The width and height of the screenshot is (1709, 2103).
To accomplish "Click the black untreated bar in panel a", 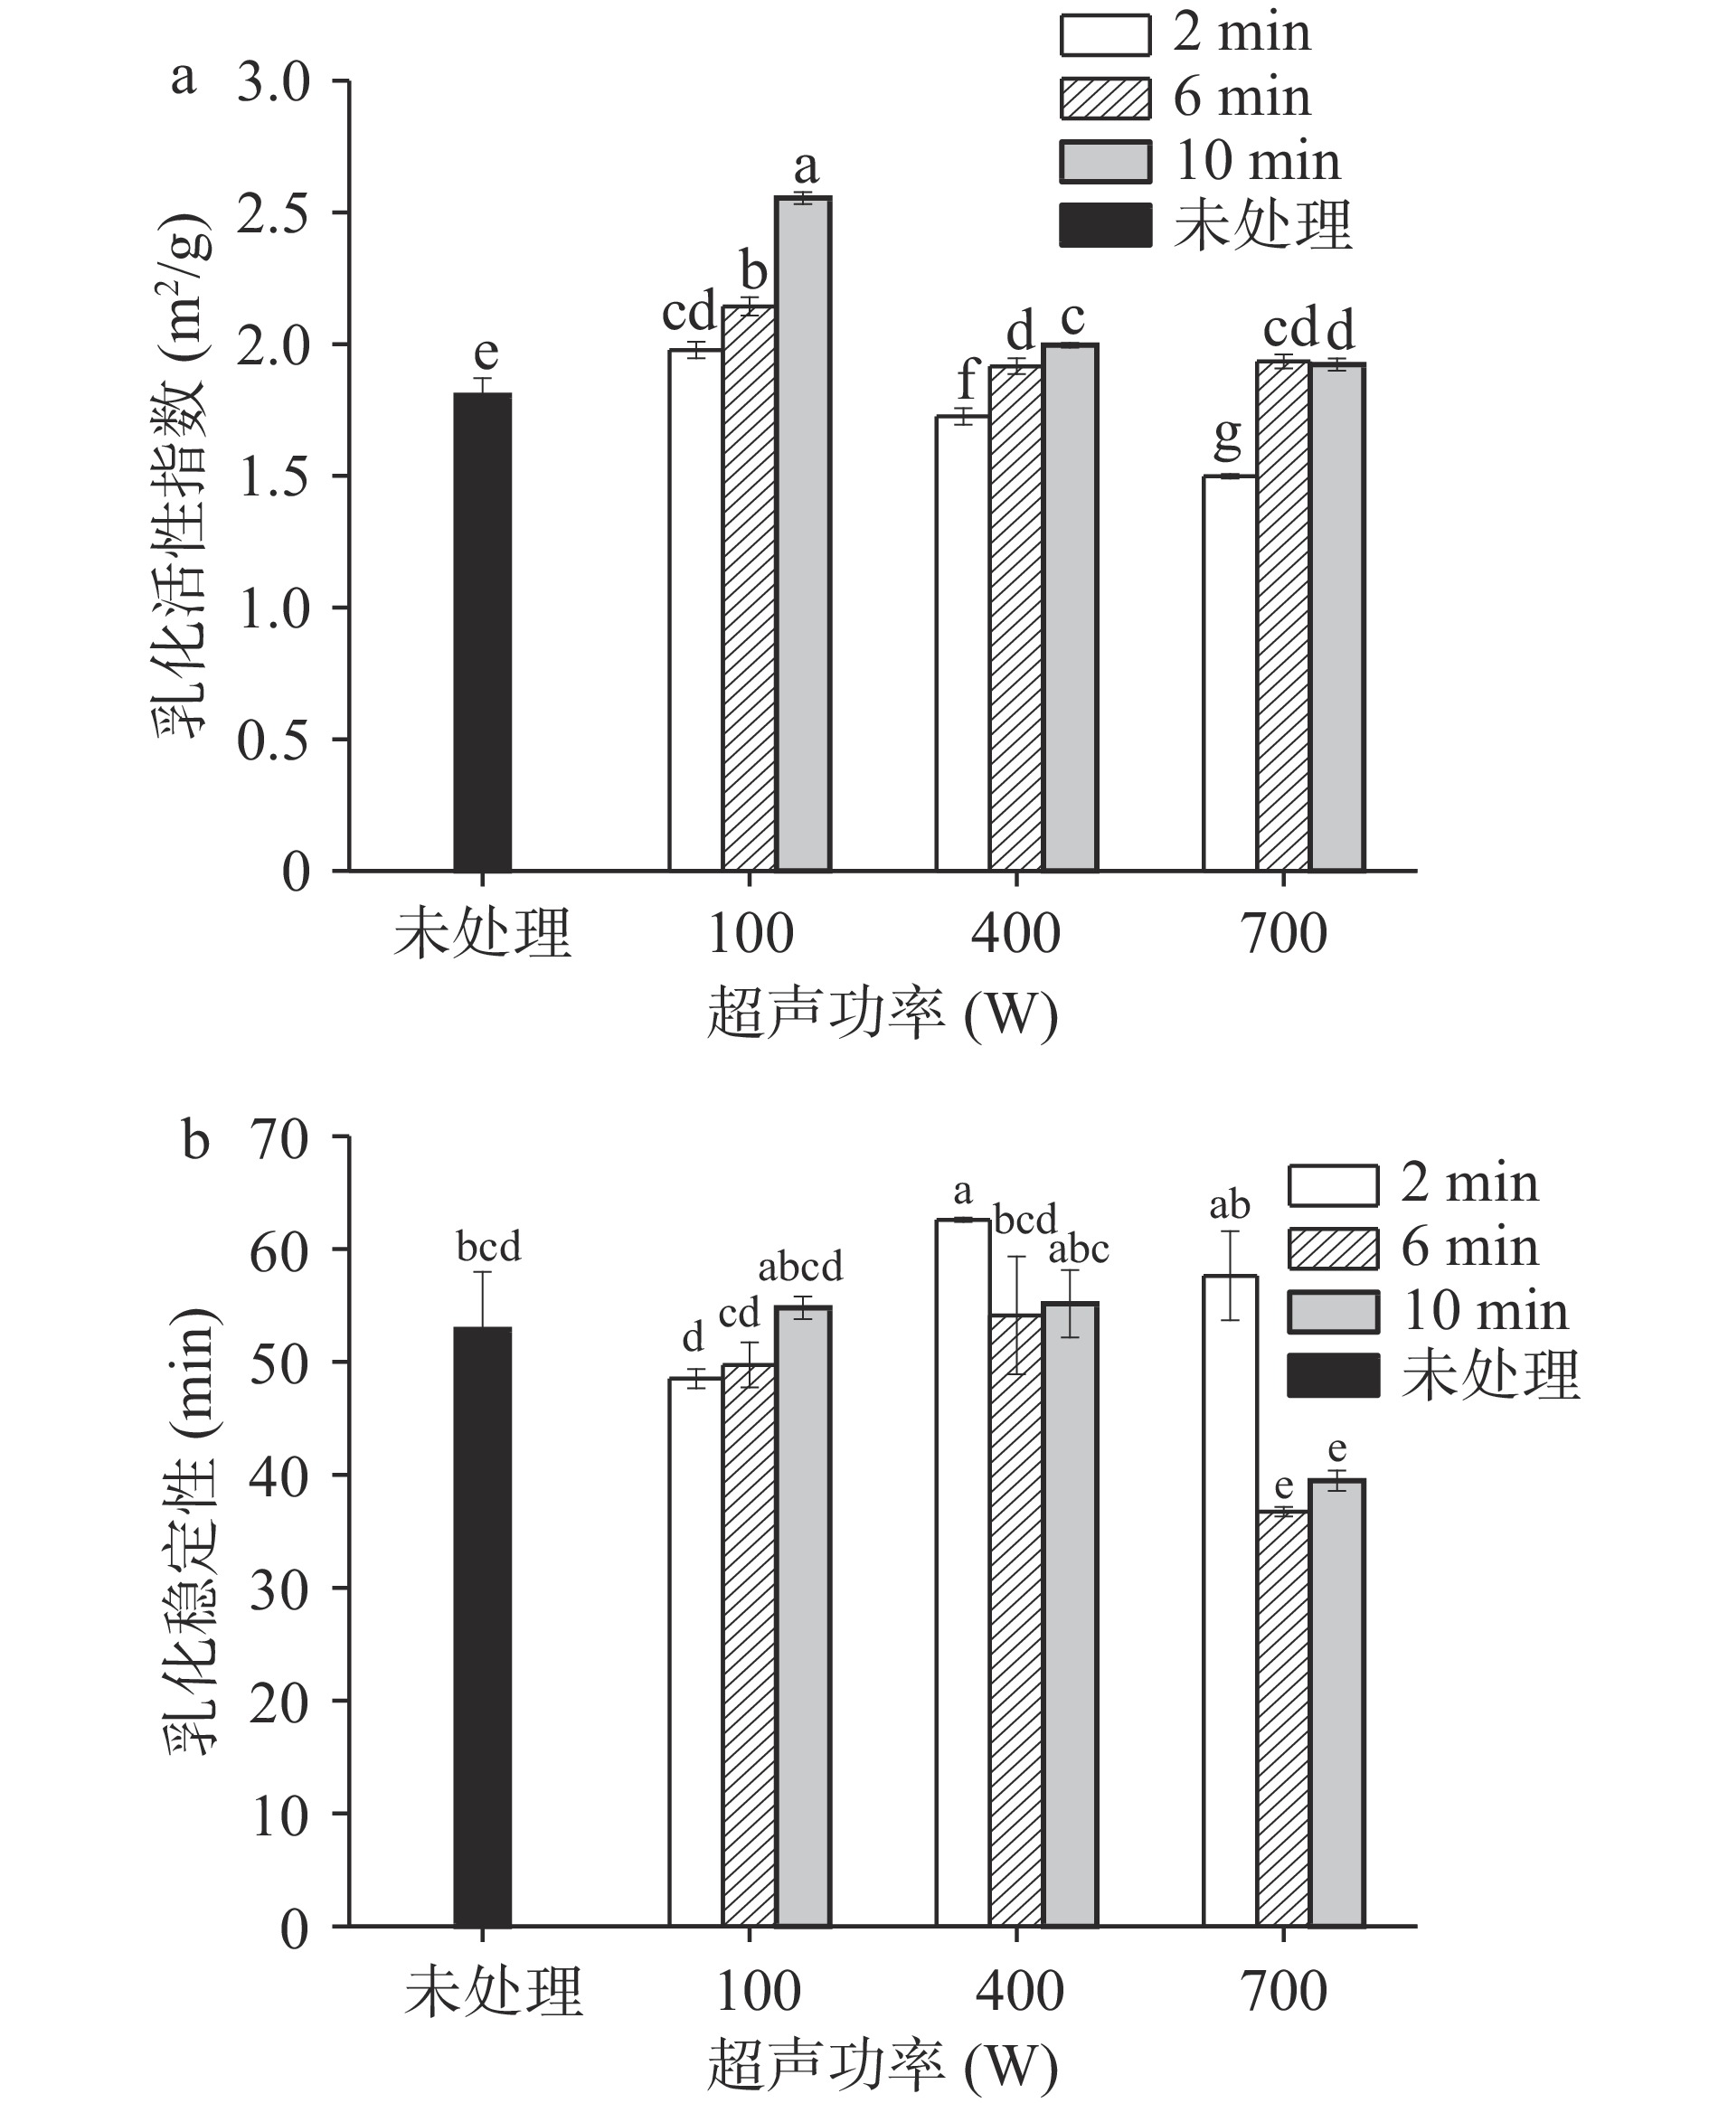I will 482,632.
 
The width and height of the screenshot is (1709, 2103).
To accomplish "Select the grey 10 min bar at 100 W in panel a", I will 803,533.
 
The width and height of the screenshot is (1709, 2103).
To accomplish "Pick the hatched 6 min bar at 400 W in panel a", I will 1016,618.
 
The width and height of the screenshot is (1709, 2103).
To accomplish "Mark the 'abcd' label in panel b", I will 800,1267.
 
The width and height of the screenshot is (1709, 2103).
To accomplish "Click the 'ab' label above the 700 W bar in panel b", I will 1230,1205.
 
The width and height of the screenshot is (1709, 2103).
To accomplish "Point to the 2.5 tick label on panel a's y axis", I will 273,213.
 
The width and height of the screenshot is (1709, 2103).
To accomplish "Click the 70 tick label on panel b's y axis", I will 279,1141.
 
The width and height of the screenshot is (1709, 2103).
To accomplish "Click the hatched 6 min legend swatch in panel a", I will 1105,99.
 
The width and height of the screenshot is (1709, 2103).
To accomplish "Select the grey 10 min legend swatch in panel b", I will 1333,1312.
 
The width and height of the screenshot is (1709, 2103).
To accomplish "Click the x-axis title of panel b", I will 882,2066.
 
